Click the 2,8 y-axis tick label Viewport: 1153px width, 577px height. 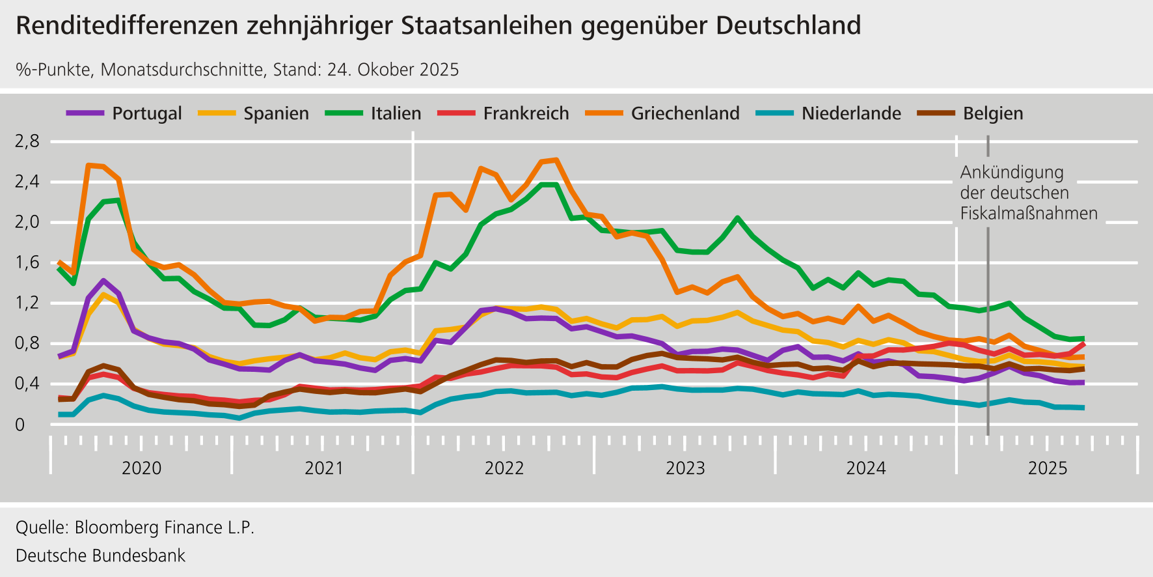pos(27,141)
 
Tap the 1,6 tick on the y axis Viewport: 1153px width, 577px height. pos(27,262)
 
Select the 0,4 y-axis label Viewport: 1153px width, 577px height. pos(27,384)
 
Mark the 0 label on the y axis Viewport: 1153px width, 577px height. pos(20,425)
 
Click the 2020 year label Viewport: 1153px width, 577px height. pos(142,468)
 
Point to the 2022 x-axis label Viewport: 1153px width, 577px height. pos(504,468)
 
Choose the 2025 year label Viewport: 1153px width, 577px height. pos(1048,468)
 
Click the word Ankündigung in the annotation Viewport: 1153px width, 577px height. pos(1012,173)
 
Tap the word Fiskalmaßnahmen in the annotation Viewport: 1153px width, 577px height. pos(1029,213)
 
